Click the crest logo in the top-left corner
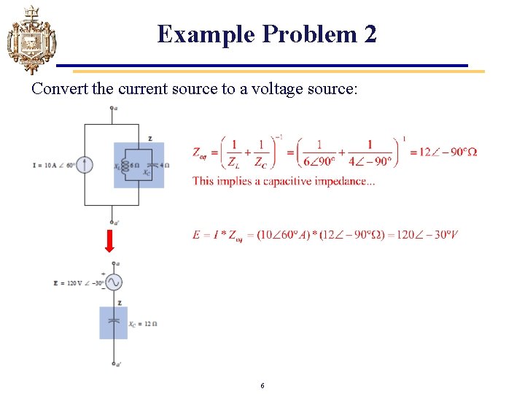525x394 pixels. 31,39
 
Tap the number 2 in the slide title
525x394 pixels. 370,34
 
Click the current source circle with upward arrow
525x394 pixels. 85,165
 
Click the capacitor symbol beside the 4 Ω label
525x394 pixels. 149,165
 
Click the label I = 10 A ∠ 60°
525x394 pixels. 55,165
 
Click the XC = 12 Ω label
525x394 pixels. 144,324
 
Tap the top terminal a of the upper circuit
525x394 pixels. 112,109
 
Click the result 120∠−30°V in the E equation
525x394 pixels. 427,234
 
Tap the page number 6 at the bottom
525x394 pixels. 262,385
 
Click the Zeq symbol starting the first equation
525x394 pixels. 200,152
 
